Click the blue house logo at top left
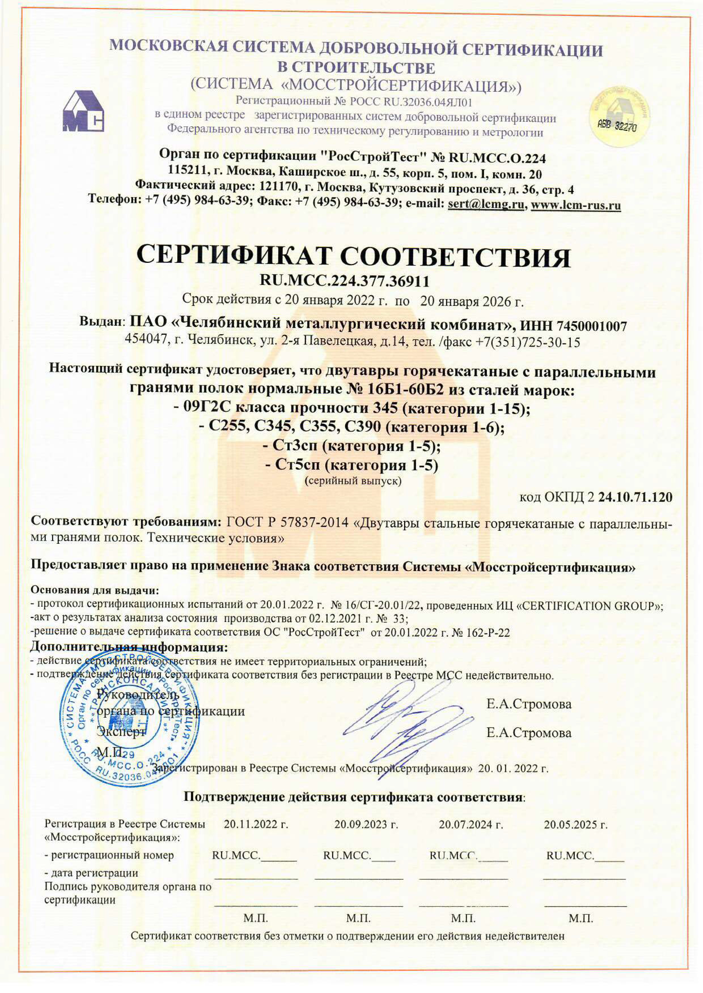[83, 111]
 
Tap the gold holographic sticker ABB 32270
[619, 117]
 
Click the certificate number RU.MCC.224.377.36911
[344, 281]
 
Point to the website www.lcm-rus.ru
[576, 205]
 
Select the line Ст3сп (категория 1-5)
[351, 446]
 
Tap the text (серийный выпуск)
[353, 481]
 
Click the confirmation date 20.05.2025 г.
[575, 825]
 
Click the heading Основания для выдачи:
[95, 590]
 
